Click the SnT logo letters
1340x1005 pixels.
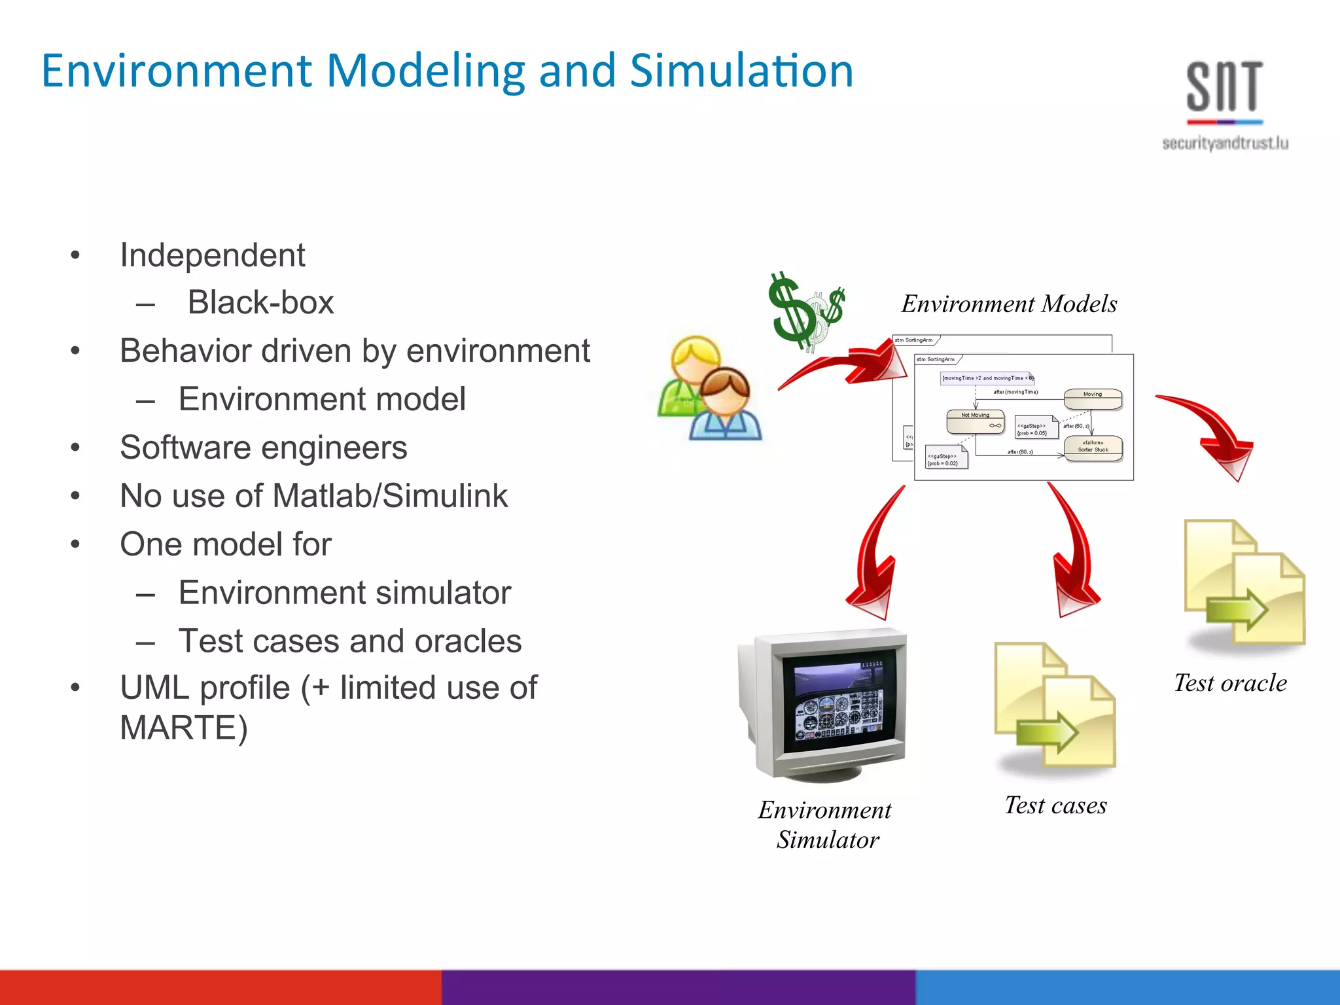(x=1224, y=87)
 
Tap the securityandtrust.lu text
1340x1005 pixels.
(x=1225, y=143)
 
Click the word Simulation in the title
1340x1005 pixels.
(x=741, y=71)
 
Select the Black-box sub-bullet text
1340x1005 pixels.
(x=260, y=302)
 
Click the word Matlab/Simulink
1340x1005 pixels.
(x=390, y=495)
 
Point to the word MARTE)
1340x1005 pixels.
(x=184, y=728)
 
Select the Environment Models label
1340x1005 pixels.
(x=1009, y=304)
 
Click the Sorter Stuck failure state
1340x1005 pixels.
(x=1093, y=448)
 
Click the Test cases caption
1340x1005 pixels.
(x=1055, y=805)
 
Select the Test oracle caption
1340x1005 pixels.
(x=1230, y=683)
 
